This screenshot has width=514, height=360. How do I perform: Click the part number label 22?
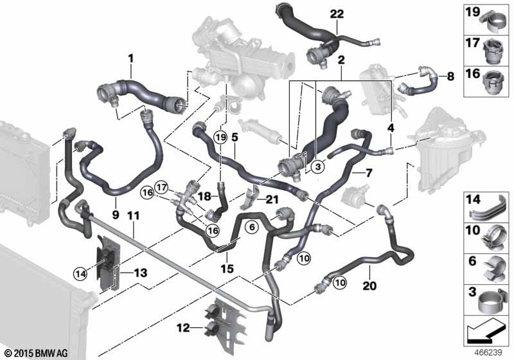337,14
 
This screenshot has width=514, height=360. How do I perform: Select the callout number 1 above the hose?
131,59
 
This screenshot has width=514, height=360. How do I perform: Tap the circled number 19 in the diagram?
220,138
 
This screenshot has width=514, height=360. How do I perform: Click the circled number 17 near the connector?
161,188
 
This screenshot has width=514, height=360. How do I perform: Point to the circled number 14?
81,273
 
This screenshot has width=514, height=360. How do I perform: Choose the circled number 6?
252,227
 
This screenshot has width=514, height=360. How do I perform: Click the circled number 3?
317,167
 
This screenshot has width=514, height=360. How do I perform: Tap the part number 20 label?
369,286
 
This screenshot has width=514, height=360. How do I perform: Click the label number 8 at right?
451,76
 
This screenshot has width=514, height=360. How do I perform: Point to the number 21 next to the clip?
272,199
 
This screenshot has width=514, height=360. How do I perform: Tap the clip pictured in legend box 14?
489,210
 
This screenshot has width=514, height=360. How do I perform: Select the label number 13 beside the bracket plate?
140,273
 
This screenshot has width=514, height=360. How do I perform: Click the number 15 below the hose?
227,269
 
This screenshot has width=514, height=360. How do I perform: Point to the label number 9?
116,215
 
